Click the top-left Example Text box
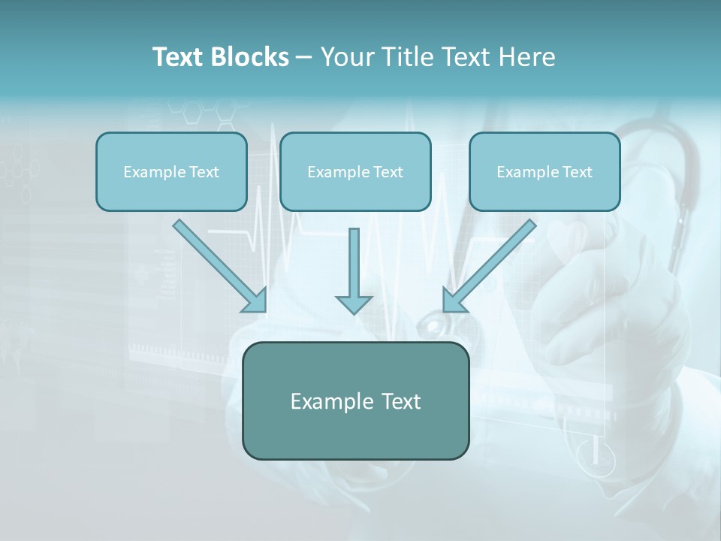[171, 172]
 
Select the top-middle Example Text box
[355, 172]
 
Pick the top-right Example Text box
[545, 172]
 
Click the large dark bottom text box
[356, 400]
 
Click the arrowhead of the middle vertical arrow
[354, 304]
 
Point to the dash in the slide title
[304, 57]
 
